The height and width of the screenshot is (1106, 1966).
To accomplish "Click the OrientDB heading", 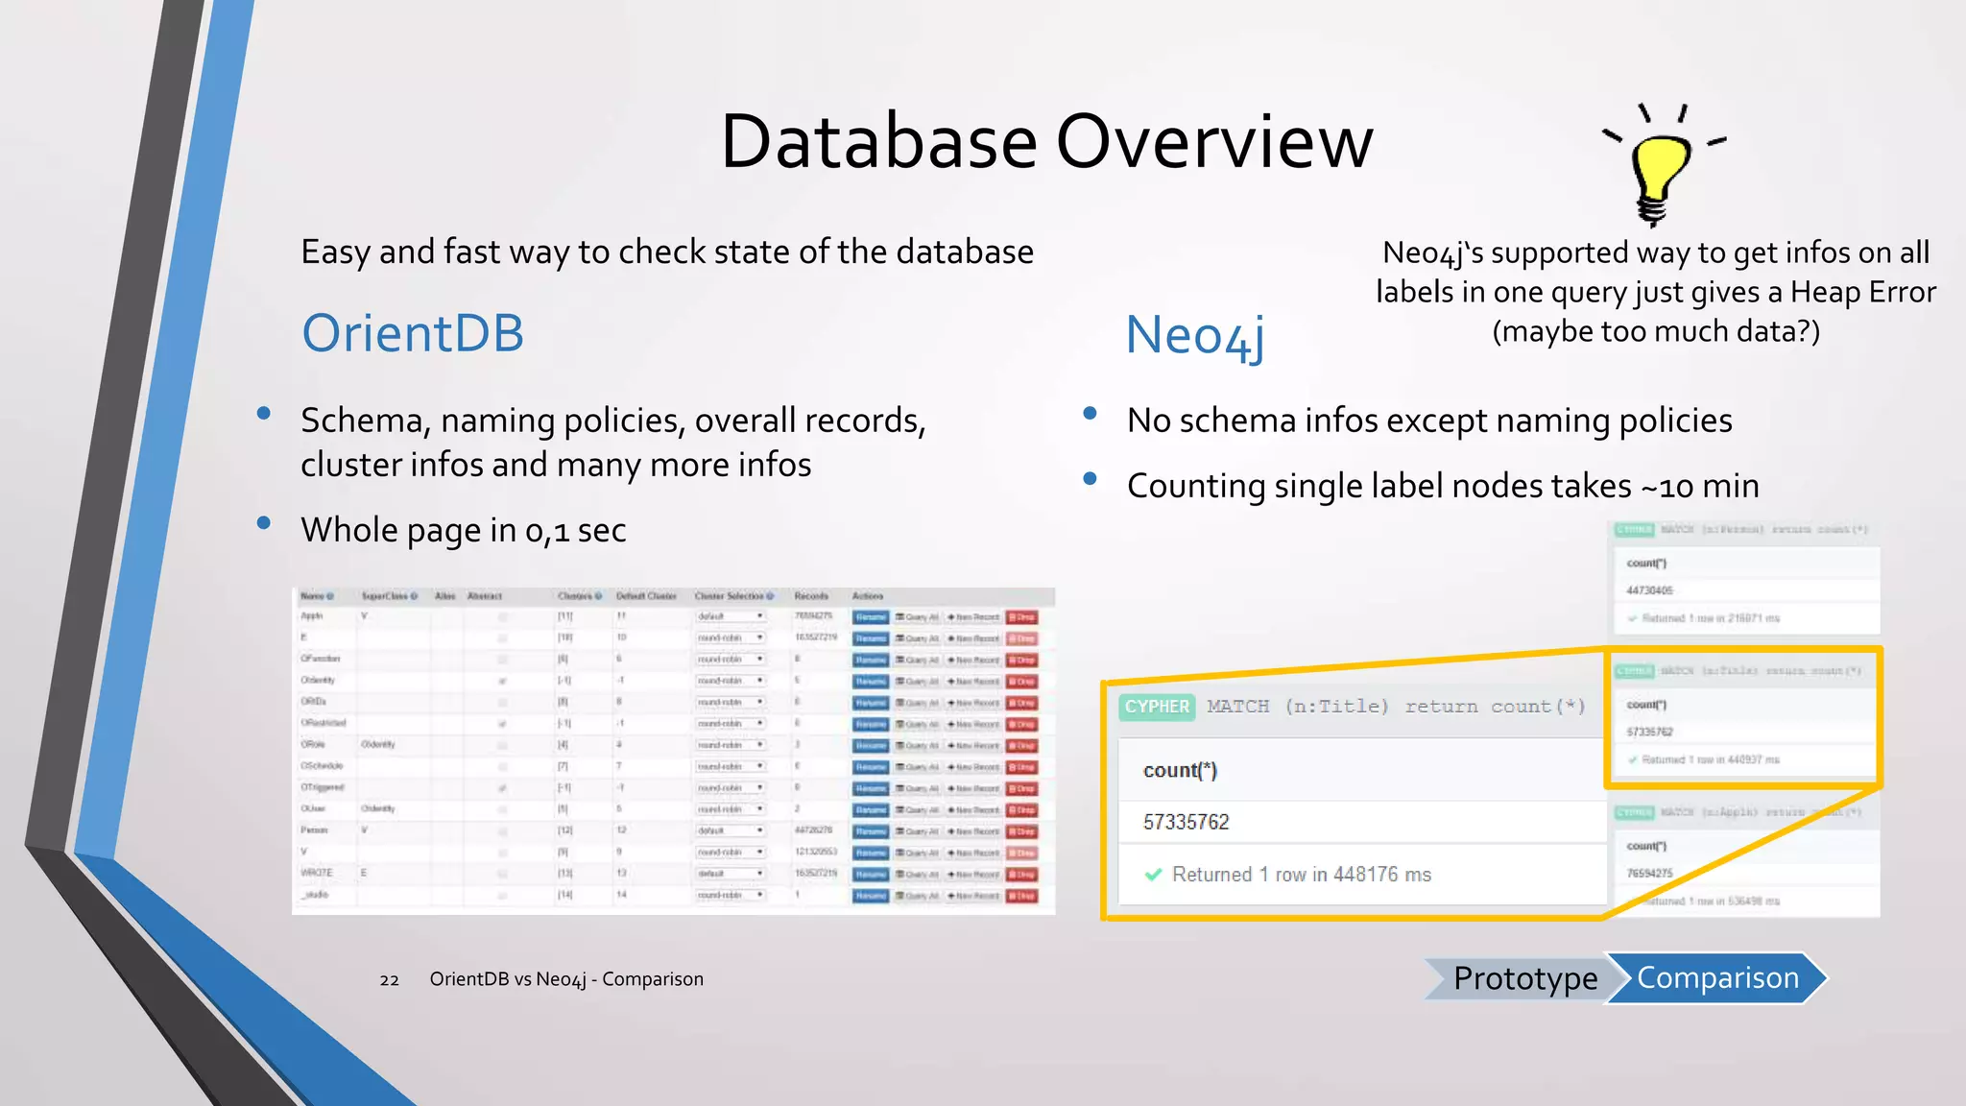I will (413, 333).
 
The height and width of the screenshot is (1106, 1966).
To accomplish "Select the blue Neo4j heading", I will (1194, 336).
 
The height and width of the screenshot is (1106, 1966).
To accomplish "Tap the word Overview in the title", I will (1215, 142).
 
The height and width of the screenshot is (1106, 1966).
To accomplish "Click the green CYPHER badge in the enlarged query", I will (1157, 707).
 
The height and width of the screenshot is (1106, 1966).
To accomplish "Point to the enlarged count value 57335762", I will (1186, 822).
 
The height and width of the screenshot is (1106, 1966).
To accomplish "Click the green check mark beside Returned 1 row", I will (1154, 875).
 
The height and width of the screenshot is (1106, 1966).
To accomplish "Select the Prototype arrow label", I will (1524, 978).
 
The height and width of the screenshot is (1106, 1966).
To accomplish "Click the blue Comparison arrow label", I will (1717, 978).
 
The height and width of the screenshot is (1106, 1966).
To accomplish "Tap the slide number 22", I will (389, 980).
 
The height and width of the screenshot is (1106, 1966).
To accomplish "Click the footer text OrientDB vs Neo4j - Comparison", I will (566, 979).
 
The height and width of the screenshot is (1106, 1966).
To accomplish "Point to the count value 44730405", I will (1649, 590).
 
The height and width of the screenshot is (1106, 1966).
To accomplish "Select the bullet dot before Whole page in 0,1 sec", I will (264, 524).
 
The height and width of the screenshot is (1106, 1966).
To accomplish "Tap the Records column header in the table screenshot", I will (811, 596).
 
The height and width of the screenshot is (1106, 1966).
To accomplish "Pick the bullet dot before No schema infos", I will (1090, 414).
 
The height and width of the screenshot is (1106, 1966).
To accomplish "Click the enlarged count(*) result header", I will (1180, 771).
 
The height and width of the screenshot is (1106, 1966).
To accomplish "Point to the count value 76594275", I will (1649, 874).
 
